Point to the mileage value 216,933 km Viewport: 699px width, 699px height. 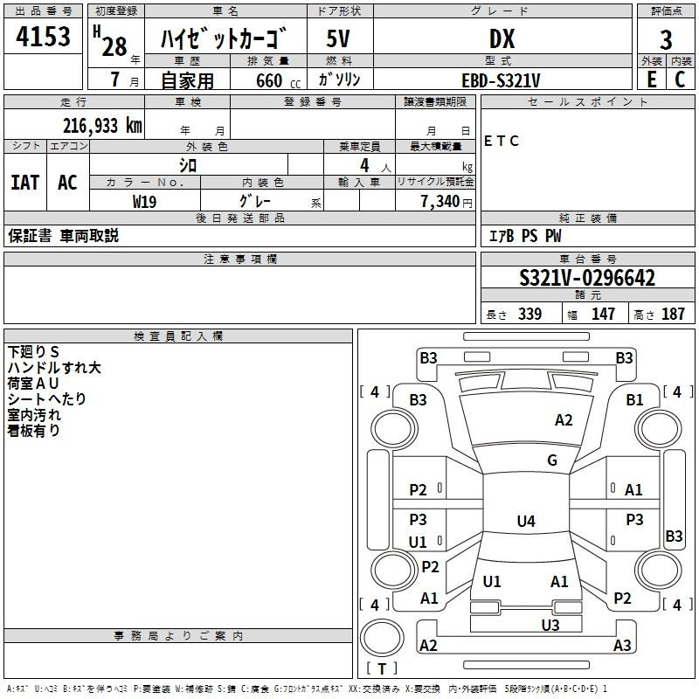coord(102,125)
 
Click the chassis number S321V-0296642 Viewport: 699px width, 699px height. coord(587,279)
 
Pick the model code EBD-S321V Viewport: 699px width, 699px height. coord(501,80)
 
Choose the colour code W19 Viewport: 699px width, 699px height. coord(145,201)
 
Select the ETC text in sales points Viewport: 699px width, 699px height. coord(502,141)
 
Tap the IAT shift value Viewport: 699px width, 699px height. coord(25,183)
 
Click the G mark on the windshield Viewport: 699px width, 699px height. coord(552,460)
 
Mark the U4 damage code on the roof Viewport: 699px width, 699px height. coord(525,522)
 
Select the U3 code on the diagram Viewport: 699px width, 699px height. coord(550,625)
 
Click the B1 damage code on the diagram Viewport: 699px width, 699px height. coord(634,400)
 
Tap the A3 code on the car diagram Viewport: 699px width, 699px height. coord(622,646)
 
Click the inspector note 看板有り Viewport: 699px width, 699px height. coord(34,431)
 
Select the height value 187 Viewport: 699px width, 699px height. coord(673,315)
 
